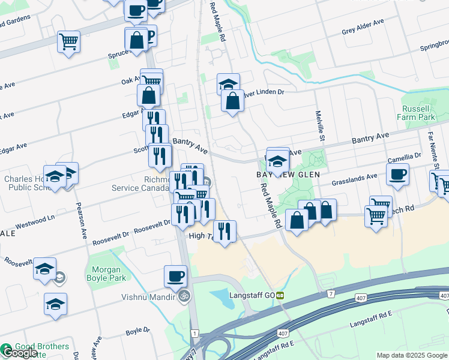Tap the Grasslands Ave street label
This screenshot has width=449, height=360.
point(355,176)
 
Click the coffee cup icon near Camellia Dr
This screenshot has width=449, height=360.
point(397,175)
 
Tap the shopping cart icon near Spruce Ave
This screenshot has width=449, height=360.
point(69,42)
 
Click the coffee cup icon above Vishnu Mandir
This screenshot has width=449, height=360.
point(175,277)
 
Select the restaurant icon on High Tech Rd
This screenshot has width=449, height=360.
point(224,232)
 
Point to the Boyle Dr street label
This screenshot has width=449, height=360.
point(137,331)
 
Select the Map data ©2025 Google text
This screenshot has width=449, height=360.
point(411,355)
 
